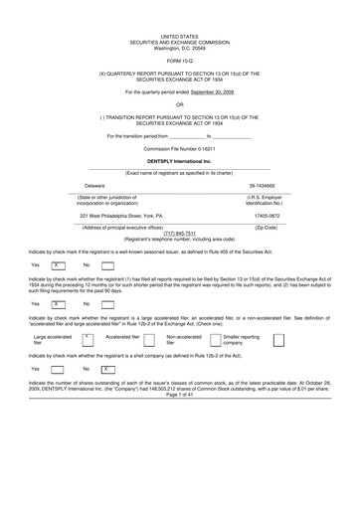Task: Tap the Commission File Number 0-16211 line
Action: (180, 148)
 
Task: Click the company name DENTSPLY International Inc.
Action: (179, 160)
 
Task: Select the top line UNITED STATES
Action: (180, 8)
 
